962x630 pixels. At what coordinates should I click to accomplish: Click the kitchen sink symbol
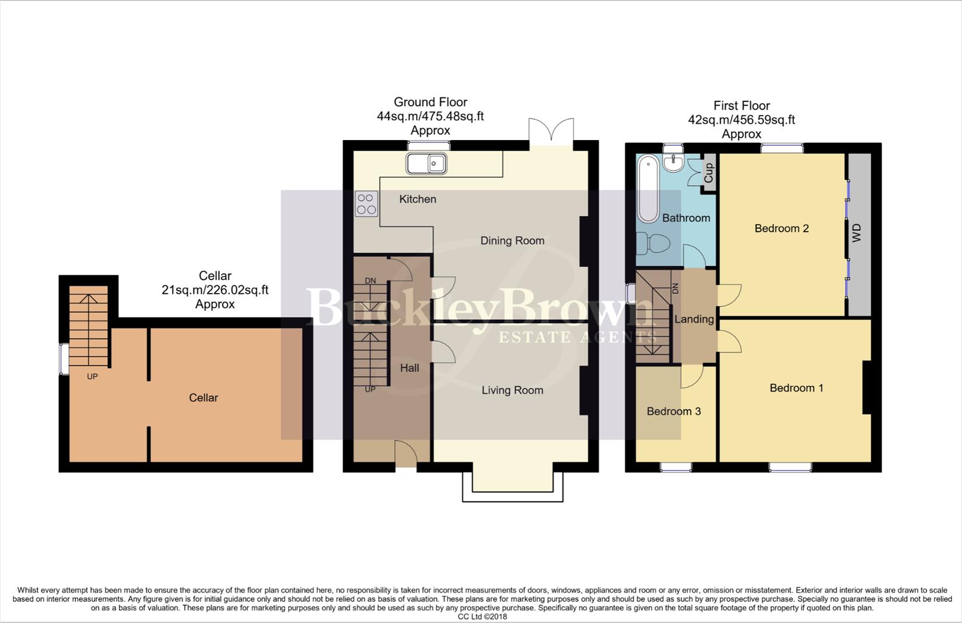426,163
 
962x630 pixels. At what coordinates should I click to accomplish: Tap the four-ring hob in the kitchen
366,204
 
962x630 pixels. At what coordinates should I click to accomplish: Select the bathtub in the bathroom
648,188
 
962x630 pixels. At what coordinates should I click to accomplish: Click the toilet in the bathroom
650,243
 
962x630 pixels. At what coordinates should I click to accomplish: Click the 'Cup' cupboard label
709,173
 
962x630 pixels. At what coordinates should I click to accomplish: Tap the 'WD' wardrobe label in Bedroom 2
856,233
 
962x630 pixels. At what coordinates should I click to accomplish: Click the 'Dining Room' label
512,240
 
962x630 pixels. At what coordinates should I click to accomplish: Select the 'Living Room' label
512,390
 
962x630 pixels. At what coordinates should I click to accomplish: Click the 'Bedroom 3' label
673,411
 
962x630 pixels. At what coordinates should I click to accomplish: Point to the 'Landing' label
694,319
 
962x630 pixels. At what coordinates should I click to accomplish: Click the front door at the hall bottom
406,455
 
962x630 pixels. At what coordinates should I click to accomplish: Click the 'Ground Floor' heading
430,102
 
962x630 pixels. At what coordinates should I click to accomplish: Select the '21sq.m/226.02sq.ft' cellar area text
215,290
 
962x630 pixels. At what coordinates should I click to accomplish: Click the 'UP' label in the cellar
92,376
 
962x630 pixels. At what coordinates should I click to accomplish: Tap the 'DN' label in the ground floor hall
370,281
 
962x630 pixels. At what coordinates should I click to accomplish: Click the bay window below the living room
513,487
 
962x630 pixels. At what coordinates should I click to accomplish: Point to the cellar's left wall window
62,359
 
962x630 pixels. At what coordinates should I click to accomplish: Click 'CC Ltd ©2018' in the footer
482,617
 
